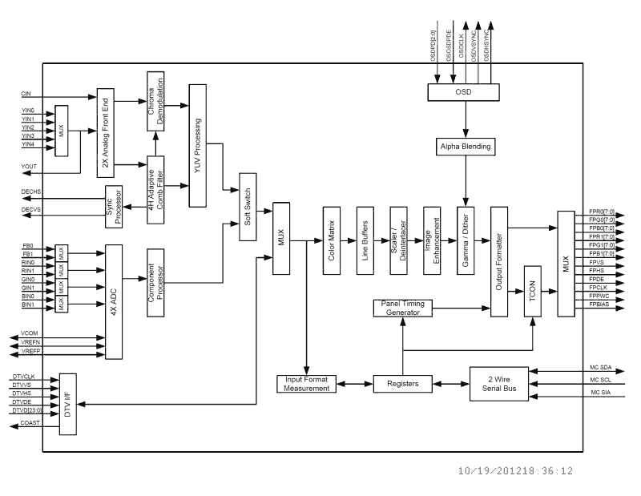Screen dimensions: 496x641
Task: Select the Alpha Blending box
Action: coord(466,147)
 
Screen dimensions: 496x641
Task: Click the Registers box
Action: coord(402,384)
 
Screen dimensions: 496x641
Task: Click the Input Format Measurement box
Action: coord(307,384)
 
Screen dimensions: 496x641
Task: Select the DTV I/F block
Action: coord(69,404)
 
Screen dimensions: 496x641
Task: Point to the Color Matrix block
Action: coord(333,240)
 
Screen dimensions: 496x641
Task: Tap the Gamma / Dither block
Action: coord(466,240)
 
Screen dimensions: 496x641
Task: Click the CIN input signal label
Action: coord(26,94)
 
